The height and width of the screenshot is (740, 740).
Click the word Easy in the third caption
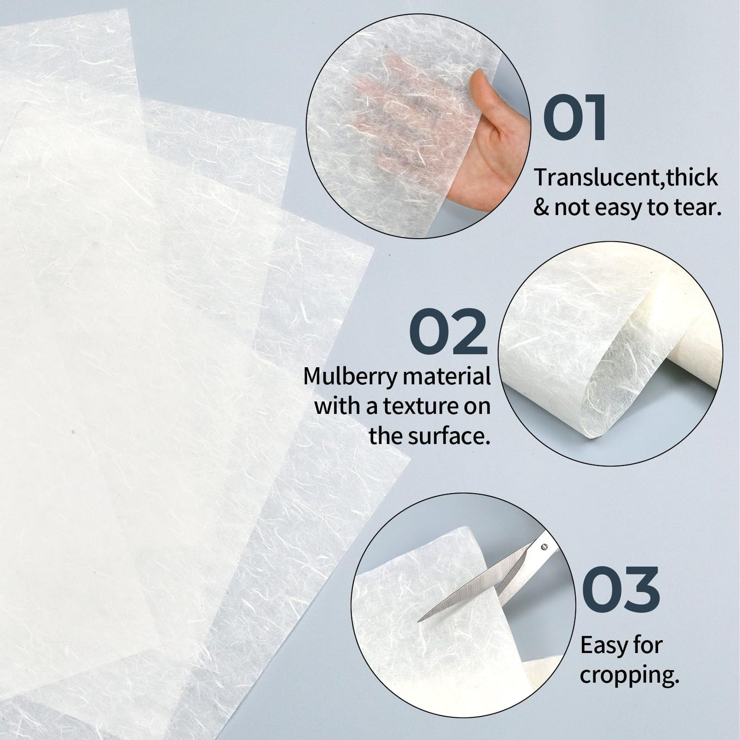(x=601, y=646)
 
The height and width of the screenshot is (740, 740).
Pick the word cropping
(x=629, y=676)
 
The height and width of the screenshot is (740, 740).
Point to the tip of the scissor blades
(x=420, y=620)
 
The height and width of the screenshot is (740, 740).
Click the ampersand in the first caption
(x=541, y=208)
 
